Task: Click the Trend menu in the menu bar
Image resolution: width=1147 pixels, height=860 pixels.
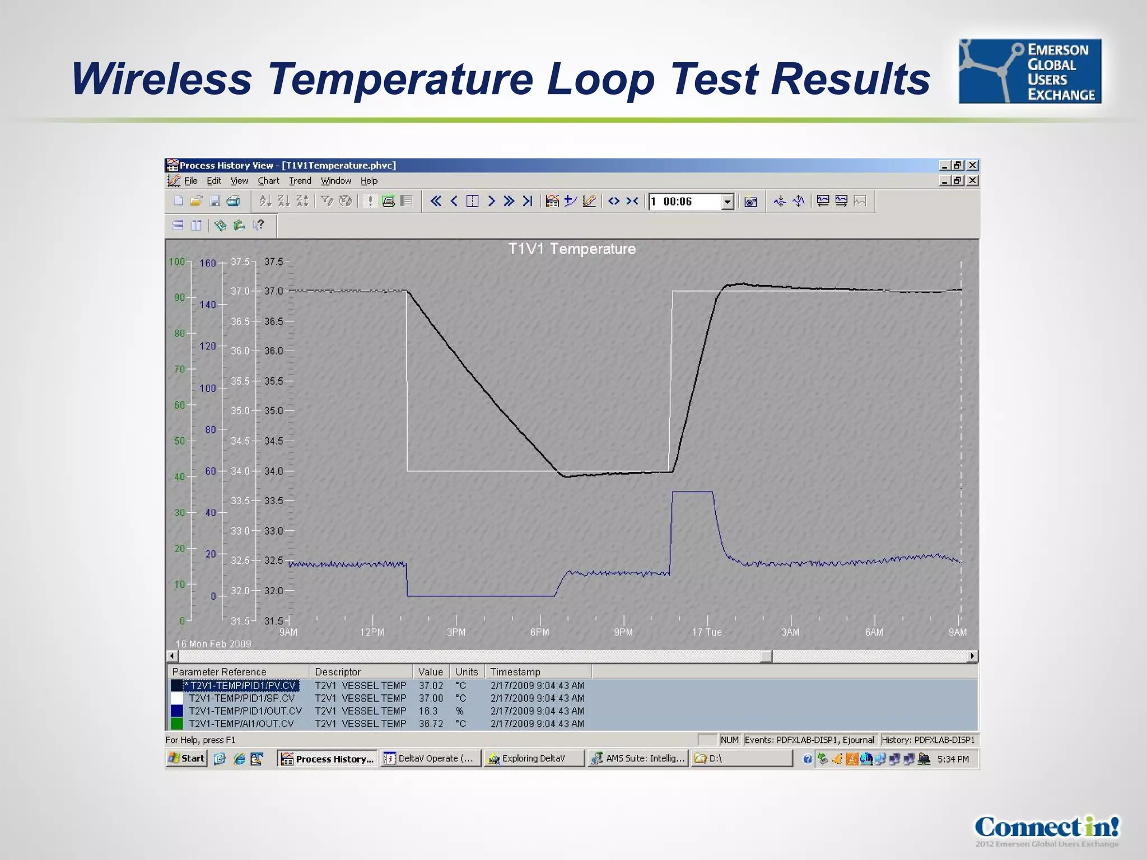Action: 300,181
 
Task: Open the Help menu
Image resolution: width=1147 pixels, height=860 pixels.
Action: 369,181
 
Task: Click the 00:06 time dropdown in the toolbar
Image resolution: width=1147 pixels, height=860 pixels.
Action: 691,202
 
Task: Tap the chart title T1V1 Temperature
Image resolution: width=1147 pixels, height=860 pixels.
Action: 571,249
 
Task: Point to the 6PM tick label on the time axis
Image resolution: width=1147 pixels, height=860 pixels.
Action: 539,632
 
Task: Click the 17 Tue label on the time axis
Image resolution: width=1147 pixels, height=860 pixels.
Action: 707,632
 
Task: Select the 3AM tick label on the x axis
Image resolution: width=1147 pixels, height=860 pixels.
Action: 790,632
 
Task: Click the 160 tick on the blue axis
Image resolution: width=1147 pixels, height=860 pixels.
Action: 207,263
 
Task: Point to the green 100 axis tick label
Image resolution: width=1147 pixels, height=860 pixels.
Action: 176,261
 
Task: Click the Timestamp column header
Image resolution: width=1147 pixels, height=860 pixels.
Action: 515,672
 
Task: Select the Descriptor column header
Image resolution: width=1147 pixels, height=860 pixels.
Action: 338,672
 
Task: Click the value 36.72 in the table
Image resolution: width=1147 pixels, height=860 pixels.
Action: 431,724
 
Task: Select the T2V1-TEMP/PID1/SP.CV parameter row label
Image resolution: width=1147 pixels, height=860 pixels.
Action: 241,698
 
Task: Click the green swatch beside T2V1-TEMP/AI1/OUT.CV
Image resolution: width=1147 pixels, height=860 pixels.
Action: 177,724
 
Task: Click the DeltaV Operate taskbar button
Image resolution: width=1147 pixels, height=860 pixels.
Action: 430,759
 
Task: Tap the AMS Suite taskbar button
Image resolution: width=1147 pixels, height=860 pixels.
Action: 638,759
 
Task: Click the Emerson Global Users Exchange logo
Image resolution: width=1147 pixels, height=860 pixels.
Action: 1029,71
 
